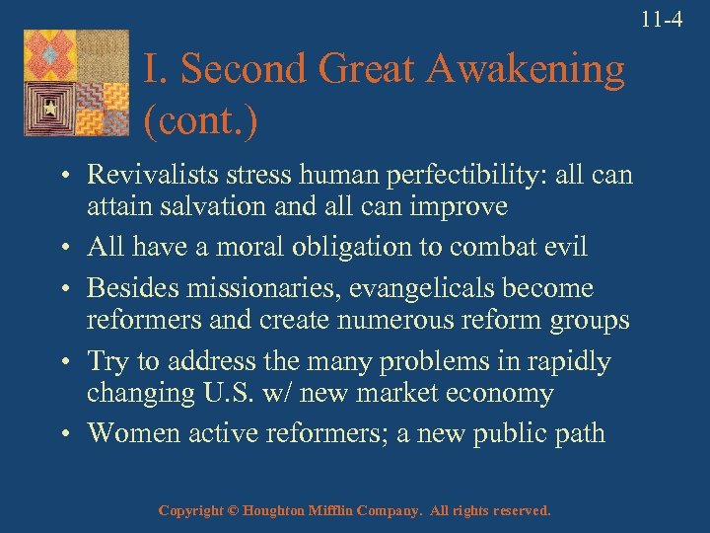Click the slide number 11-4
[x=661, y=17]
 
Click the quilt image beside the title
[x=76, y=83]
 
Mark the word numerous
[x=403, y=320]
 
